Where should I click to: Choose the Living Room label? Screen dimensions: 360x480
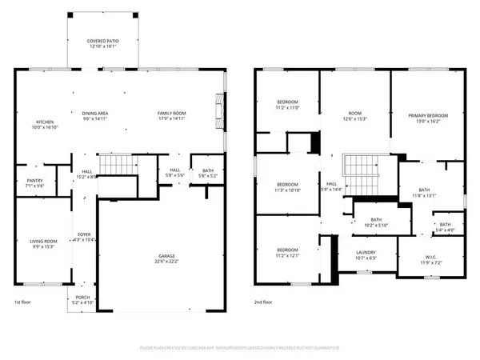coord(44,242)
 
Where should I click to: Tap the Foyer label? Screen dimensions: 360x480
coord(84,236)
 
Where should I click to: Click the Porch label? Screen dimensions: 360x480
coord(83,300)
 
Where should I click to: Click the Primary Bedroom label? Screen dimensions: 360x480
coord(427,119)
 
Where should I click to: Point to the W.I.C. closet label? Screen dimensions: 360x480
coord(431,259)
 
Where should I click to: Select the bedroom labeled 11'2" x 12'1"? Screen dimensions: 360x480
coord(288,252)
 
